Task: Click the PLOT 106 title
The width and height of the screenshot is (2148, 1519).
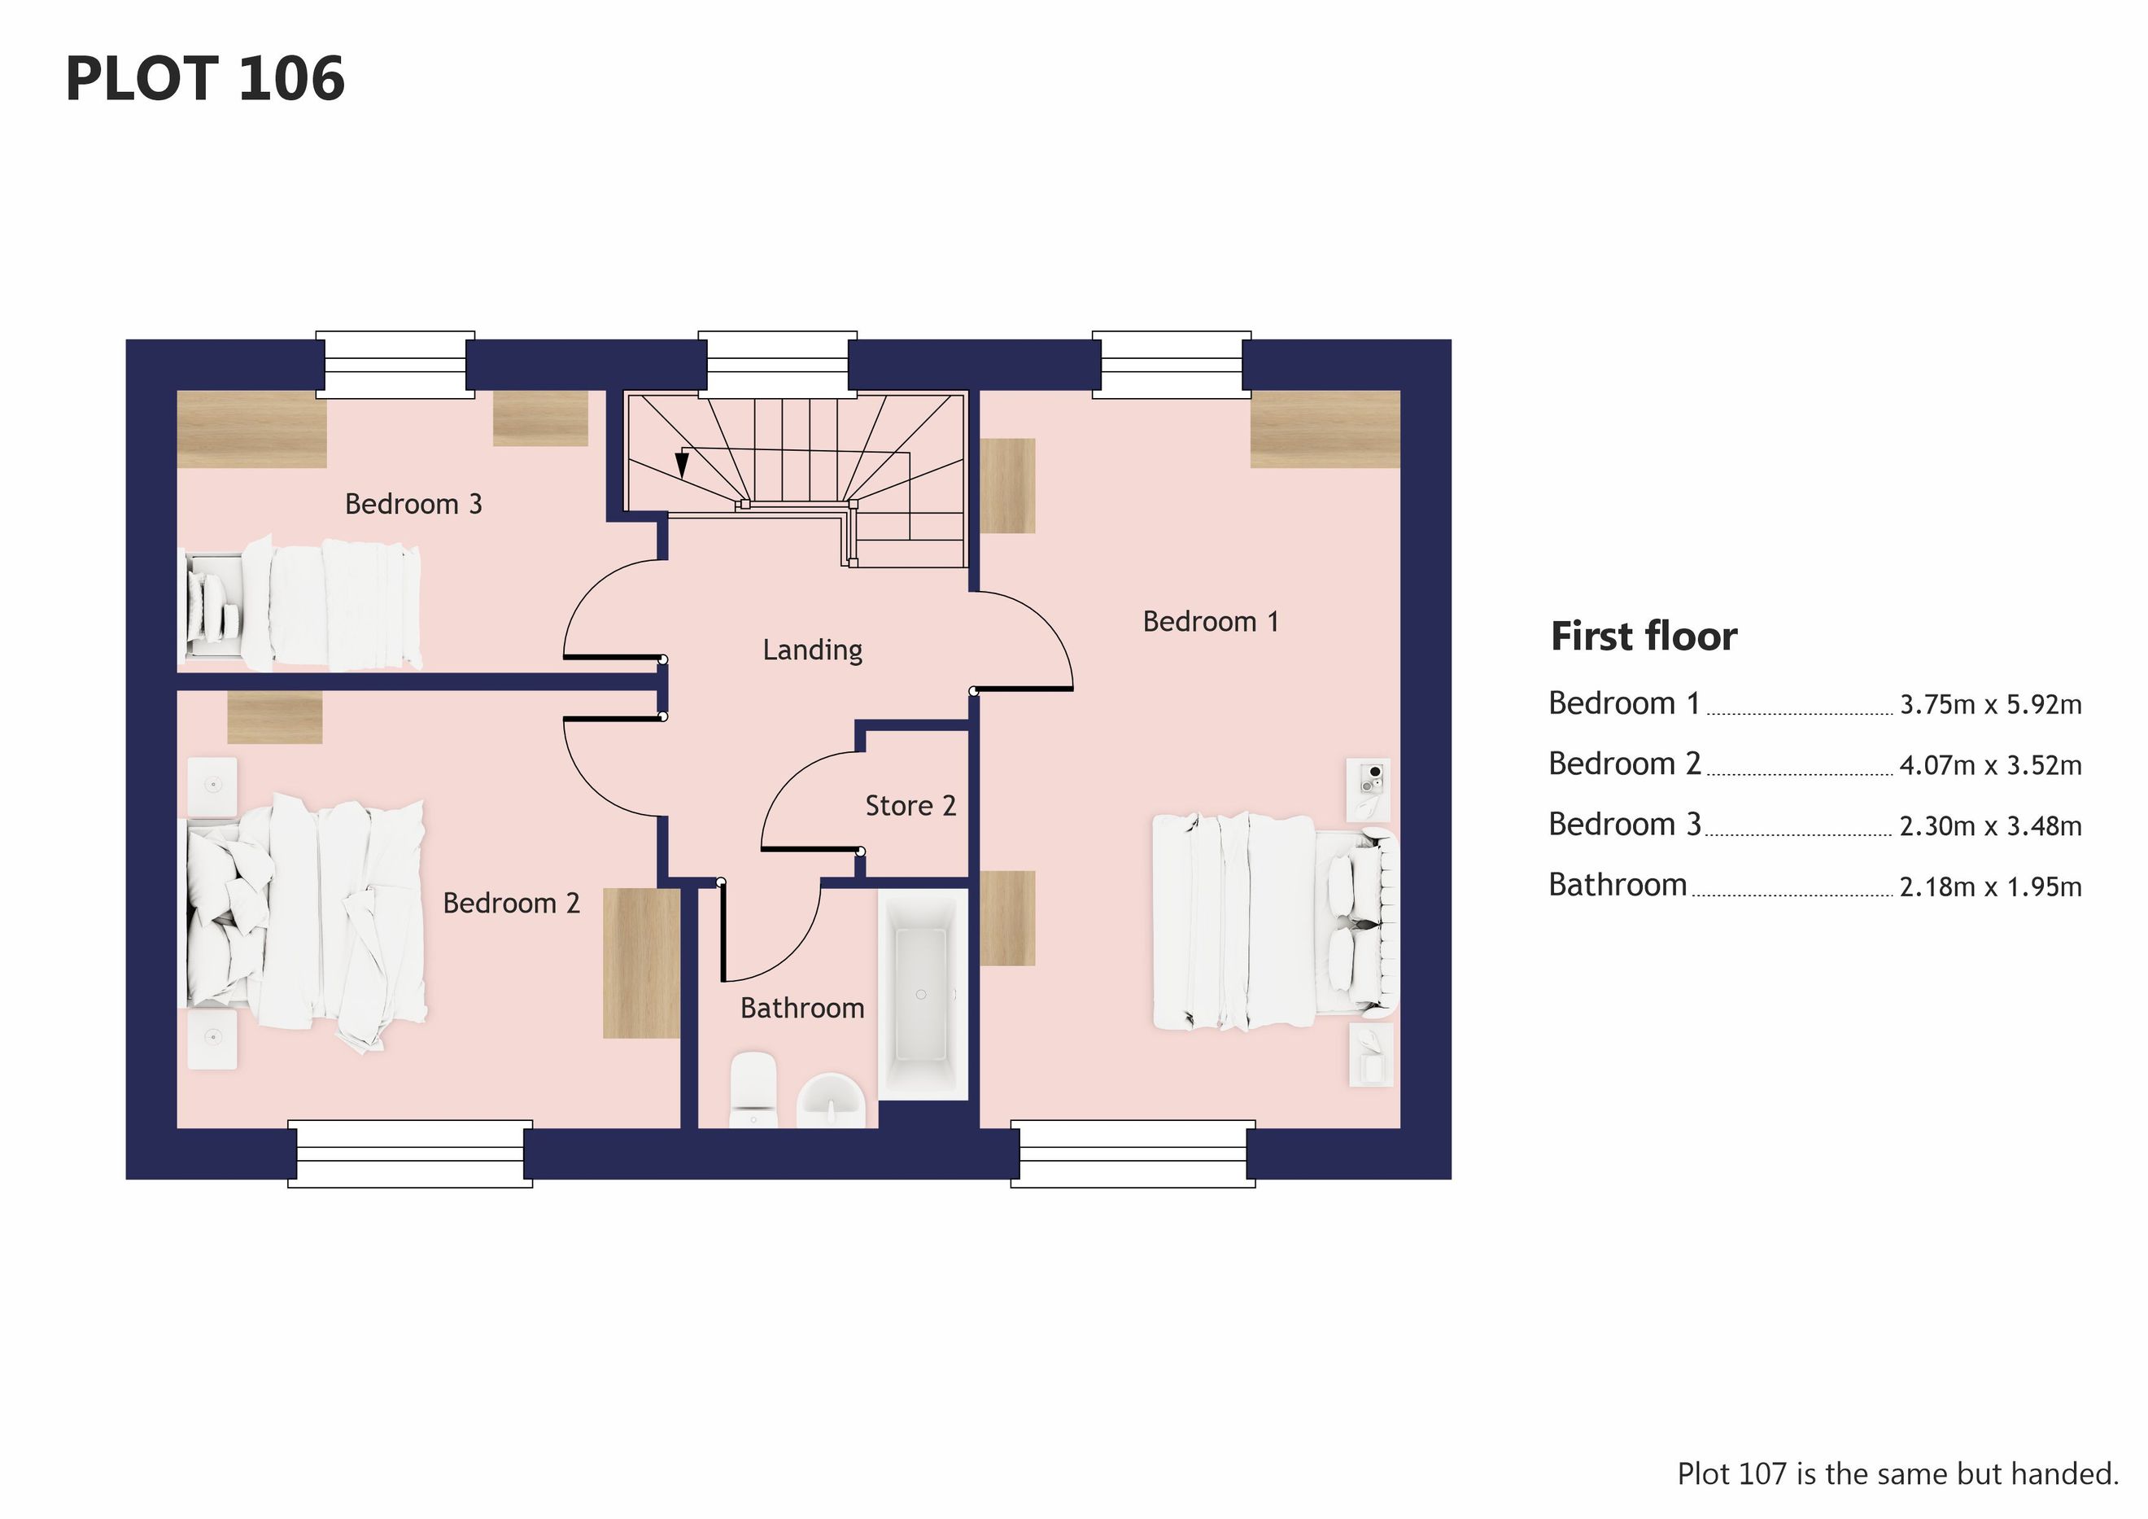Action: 205,79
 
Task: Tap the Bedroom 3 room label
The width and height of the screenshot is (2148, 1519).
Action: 413,504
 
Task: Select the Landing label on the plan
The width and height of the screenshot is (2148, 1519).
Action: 812,650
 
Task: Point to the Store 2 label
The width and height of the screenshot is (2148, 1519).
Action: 910,806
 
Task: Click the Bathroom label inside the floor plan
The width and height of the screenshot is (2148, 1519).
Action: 801,1008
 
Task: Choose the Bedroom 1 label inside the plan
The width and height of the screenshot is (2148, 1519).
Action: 1211,621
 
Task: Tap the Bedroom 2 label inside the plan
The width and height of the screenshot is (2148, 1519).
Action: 511,903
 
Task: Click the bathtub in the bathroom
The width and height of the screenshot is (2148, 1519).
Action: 922,994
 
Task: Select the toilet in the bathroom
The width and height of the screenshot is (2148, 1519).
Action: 752,1089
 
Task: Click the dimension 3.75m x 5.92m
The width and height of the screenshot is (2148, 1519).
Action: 1991,705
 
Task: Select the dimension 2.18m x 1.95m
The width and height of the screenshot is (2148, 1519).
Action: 1991,886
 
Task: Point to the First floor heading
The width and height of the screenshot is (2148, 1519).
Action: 1644,637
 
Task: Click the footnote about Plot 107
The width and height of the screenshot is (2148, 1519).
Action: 1898,1474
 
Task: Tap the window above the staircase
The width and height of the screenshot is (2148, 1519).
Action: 778,365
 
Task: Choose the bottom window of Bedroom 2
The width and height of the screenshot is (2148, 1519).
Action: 410,1154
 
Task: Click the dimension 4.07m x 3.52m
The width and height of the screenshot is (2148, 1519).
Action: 1991,765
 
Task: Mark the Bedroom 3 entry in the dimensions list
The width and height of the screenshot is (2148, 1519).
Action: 1625,825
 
